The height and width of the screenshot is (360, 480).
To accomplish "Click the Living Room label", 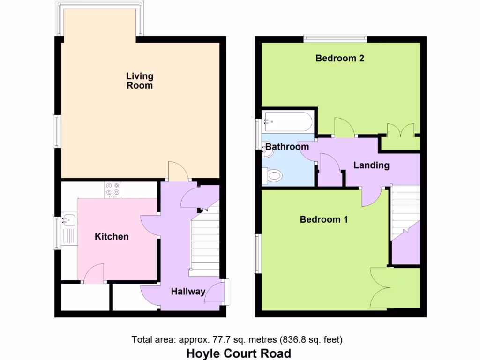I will coord(140,81).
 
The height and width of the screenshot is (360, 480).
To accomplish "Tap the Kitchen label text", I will coord(112,237).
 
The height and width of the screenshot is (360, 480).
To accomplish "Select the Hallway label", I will coord(188,292).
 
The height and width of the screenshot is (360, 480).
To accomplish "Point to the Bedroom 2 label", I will coord(340,59).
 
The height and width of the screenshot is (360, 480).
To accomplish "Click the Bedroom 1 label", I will coord(324,219).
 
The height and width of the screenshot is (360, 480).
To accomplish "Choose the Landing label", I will coord(371,165).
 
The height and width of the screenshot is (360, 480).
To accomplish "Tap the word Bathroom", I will coord(287,147).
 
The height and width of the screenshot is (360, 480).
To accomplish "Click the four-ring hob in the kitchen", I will coord(112,188).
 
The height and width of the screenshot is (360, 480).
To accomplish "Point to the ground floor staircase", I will coord(205,244).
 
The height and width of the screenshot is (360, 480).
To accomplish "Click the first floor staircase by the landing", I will coord(405,211).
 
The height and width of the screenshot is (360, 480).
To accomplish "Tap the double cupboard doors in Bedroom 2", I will coord(401,130).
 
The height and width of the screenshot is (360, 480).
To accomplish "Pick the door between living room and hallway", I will coord(178,172).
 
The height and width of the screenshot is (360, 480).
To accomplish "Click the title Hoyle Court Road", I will coord(239,353).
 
